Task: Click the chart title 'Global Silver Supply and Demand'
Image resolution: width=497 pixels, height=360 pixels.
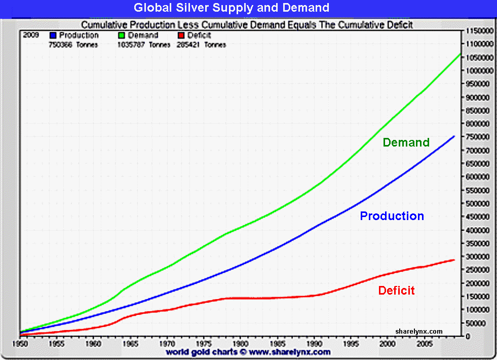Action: point(232,8)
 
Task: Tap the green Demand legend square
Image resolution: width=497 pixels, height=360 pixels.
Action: point(122,35)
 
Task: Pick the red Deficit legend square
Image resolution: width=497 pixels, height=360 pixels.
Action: point(181,35)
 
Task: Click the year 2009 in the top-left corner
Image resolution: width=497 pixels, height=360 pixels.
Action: point(31,35)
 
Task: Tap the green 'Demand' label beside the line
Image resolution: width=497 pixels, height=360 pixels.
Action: point(406,142)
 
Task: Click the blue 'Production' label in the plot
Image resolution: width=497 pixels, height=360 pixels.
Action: point(392,216)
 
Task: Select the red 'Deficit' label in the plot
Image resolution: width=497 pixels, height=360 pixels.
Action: point(396,291)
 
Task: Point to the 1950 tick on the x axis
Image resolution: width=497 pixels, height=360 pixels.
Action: point(19,343)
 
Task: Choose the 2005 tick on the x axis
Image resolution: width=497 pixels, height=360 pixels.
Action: point(424,343)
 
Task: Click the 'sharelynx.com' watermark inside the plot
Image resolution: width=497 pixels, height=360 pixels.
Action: point(418,332)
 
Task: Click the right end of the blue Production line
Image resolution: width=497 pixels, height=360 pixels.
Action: point(454,136)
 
